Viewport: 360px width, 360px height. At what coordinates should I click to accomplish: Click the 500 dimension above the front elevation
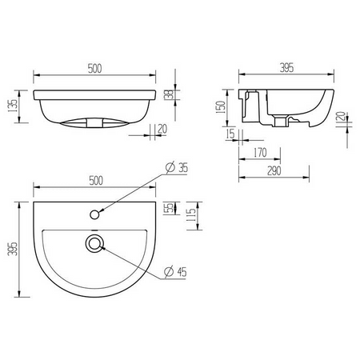pyautogui.click(x=95, y=69)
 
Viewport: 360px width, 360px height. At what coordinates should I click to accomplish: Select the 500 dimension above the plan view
pyautogui.click(x=96, y=181)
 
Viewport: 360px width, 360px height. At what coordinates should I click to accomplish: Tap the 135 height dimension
pyautogui.click(x=13, y=106)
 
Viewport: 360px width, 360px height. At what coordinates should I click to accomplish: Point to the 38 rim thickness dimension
pyautogui.click(x=170, y=94)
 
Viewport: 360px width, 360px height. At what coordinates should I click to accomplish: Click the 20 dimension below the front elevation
pyautogui.click(x=162, y=129)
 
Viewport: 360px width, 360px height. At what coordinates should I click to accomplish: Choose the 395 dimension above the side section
pyautogui.click(x=286, y=68)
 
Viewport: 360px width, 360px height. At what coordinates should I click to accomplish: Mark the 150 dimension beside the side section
pyautogui.click(x=221, y=107)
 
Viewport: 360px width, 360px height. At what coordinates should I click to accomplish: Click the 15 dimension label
pyautogui.click(x=230, y=134)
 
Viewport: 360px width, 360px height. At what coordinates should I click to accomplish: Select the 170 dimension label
pyautogui.click(x=260, y=153)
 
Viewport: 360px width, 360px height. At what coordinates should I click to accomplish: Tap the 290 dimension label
pyautogui.click(x=274, y=171)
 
